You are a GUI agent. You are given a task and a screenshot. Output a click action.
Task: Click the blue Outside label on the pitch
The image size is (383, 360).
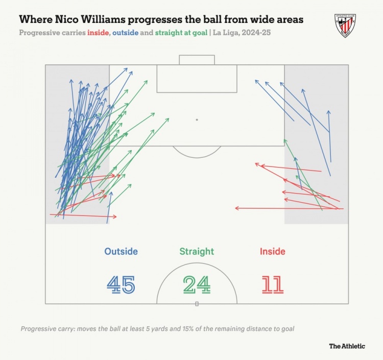(121, 251)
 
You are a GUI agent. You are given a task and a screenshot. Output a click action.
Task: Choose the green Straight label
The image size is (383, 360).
(197, 251)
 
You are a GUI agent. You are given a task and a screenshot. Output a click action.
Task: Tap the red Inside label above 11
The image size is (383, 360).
(272, 251)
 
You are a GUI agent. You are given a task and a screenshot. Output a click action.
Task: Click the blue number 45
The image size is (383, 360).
(121, 284)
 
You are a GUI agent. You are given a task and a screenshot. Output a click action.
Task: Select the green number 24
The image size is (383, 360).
(197, 284)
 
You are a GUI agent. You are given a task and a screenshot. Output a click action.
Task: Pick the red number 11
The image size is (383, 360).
(272, 284)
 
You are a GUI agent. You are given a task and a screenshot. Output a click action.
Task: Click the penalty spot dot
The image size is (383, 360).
(197, 119)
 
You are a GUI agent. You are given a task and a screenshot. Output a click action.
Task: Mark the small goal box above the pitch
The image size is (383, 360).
(197, 60)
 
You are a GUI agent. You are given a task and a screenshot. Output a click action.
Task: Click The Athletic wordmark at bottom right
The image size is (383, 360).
(347, 346)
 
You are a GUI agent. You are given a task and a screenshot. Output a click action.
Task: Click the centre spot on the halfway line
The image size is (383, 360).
(197, 303)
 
